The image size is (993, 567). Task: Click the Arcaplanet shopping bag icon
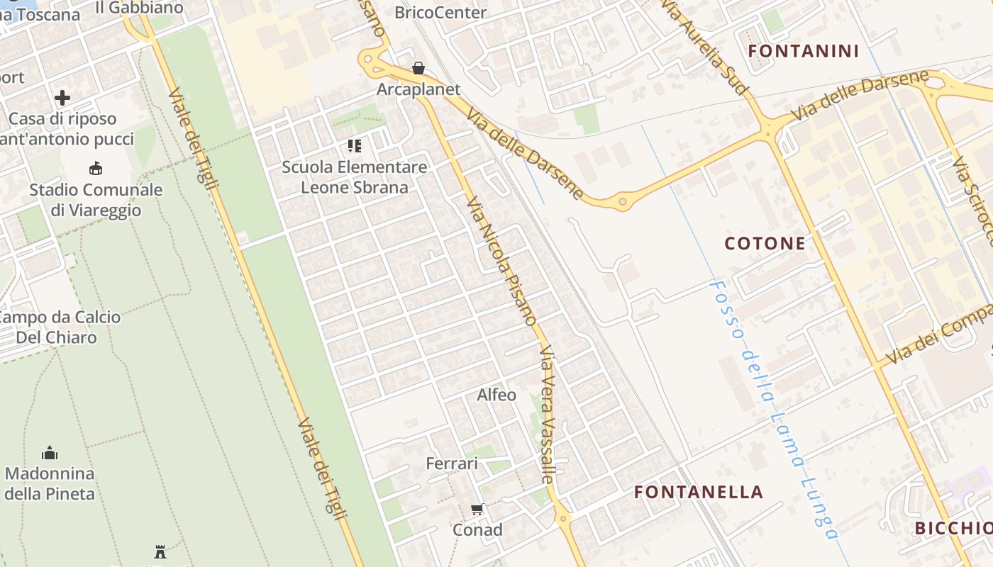tap(418, 68)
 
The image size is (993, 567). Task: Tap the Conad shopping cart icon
tap(477, 509)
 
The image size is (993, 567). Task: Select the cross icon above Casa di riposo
tap(62, 97)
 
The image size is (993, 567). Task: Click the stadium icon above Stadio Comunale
tap(96, 168)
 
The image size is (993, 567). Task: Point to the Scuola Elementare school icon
tap(355, 147)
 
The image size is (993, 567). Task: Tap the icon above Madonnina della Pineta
tap(50, 452)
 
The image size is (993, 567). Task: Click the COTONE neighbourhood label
tap(765, 244)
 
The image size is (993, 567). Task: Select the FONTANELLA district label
tap(698, 492)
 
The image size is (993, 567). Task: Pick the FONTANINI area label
tap(804, 51)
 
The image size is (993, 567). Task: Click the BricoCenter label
tap(440, 12)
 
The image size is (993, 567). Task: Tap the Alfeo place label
tap(496, 395)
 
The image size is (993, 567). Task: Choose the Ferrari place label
tap(452, 464)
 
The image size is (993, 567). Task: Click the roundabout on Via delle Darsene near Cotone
tap(623, 202)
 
